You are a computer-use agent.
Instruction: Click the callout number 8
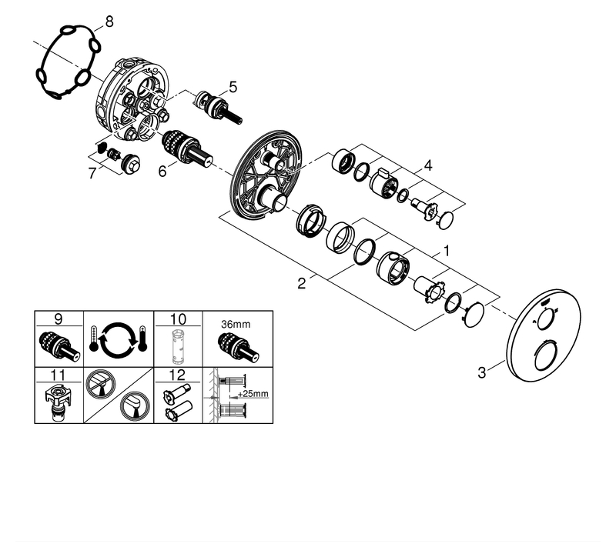(x=109, y=22)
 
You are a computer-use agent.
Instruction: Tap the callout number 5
(x=233, y=87)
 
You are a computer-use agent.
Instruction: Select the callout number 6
(x=162, y=171)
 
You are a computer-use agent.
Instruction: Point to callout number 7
(x=92, y=173)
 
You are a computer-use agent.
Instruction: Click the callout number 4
(x=428, y=165)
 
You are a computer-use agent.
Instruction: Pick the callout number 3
(x=482, y=372)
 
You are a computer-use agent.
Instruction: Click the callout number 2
(x=301, y=283)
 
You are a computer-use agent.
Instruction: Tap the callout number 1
(x=447, y=251)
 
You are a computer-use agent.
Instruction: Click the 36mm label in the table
(x=236, y=325)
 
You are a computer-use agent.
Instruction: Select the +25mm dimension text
(x=253, y=393)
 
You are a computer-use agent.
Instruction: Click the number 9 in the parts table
(x=59, y=319)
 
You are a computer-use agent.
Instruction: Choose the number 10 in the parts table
(x=178, y=319)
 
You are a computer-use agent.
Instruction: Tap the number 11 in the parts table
(x=58, y=375)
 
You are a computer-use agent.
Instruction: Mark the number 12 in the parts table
(x=178, y=375)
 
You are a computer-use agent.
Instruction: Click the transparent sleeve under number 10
(x=176, y=348)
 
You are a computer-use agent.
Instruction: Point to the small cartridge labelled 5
(x=219, y=108)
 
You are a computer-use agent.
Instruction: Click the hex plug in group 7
(x=130, y=165)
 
